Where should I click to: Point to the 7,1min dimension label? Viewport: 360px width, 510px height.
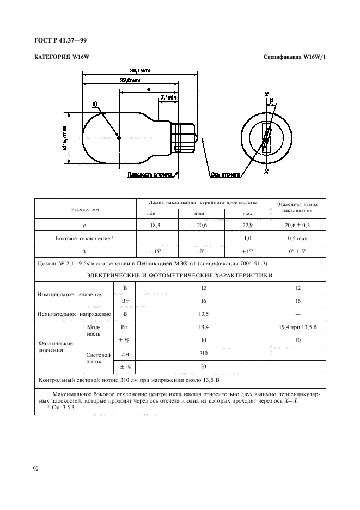tap(169, 98)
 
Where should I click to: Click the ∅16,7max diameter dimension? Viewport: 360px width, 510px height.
tap(65, 138)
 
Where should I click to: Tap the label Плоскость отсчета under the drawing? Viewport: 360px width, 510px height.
tap(150, 175)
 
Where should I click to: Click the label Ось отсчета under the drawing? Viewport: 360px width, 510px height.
tap(225, 175)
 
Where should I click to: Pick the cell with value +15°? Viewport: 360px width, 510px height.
tap(247, 252)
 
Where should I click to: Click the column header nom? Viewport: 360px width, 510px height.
tap(201, 213)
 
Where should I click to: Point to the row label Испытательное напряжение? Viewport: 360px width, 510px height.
tap(74, 314)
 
